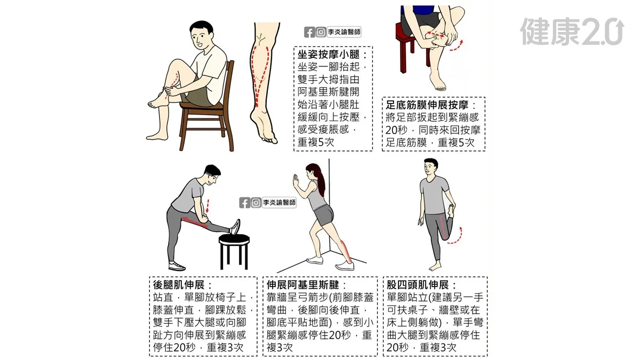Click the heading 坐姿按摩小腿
click(x=329, y=54)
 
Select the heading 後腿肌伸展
click(x=179, y=285)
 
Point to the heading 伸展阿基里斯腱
click(x=303, y=285)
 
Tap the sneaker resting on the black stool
click(x=235, y=227)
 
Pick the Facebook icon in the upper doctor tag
click(x=309, y=33)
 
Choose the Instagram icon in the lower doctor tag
click(x=256, y=203)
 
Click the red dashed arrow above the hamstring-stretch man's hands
click(x=207, y=206)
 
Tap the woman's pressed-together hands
click(x=295, y=181)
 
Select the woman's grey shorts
click(x=324, y=214)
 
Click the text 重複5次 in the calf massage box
click(x=315, y=142)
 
